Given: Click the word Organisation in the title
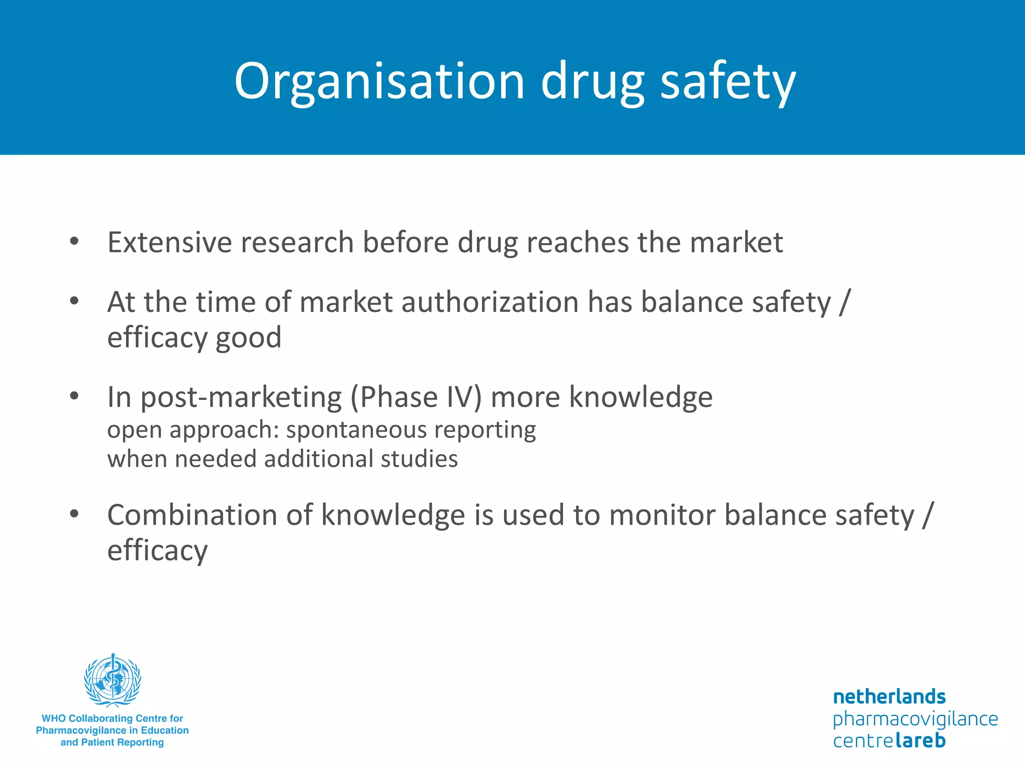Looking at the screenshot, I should click(x=379, y=81).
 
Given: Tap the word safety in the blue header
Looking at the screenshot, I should click(x=728, y=81).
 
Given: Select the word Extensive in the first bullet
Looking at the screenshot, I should click(x=170, y=242).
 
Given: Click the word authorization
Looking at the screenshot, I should click(x=490, y=302).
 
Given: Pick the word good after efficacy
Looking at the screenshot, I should click(x=248, y=338).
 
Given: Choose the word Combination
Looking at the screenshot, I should click(x=192, y=515).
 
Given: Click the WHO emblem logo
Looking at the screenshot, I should click(x=113, y=679).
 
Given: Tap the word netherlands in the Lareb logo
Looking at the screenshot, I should click(x=889, y=697).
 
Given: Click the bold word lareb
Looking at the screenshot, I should click(x=920, y=740).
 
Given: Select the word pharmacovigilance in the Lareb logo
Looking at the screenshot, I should click(x=915, y=719).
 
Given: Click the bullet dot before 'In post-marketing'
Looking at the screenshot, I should click(x=75, y=397).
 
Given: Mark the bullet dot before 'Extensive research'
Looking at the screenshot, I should click(x=75, y=242).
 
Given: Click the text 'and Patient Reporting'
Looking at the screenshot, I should click(x=112, y=742).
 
